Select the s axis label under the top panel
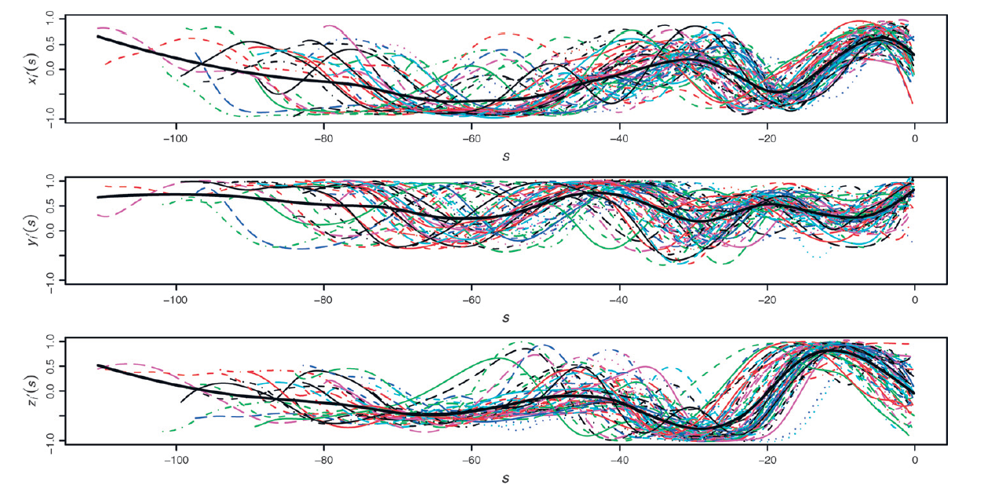505,155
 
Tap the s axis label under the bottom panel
505,477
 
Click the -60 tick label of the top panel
471,139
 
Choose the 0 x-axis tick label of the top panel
914,139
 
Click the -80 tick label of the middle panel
323,300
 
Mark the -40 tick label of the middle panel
619,300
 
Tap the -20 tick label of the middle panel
767,300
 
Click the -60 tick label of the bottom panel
471,461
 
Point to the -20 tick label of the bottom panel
767,461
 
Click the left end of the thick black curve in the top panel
98,36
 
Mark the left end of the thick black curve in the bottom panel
98,365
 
